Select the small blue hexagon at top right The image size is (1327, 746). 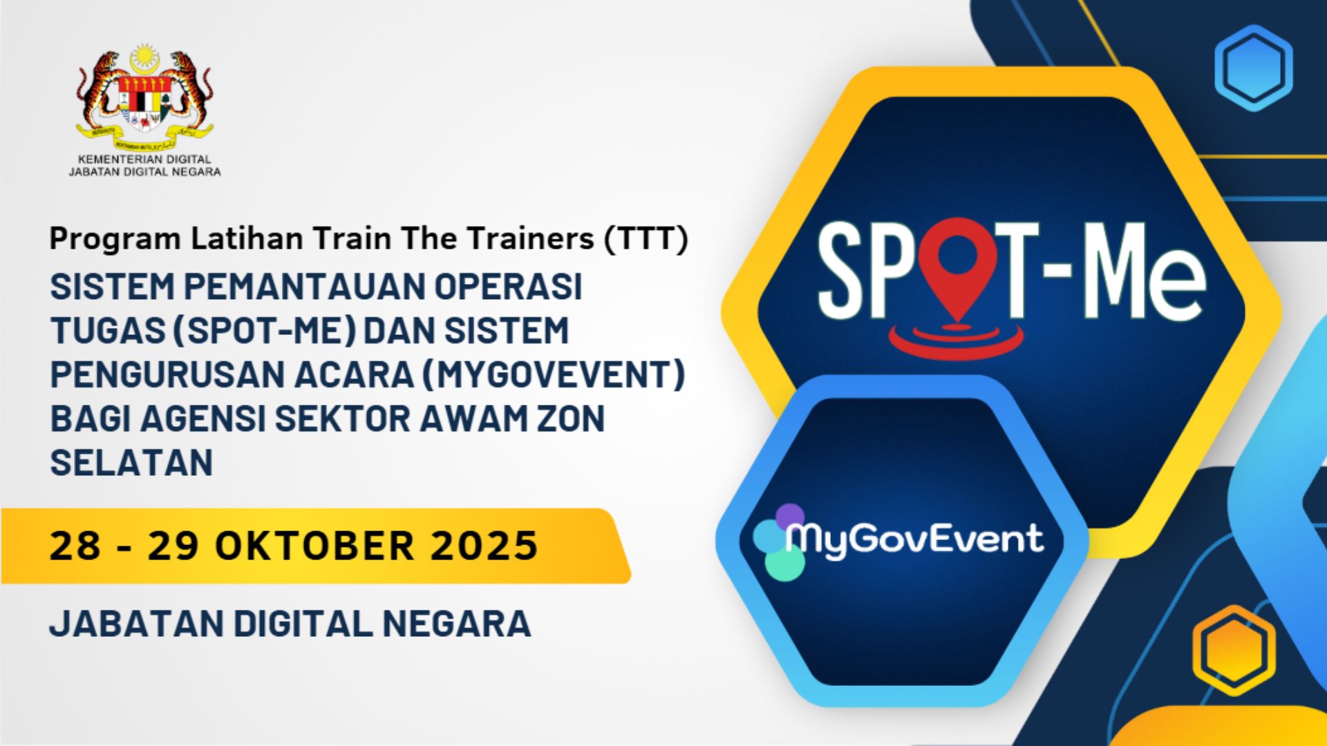(1253, 68)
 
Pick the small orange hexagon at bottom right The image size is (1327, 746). (1234, 650)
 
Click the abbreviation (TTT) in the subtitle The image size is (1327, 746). (646, 239)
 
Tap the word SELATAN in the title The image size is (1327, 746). (131, 462)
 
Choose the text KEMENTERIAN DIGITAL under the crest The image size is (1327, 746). (144, 160)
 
